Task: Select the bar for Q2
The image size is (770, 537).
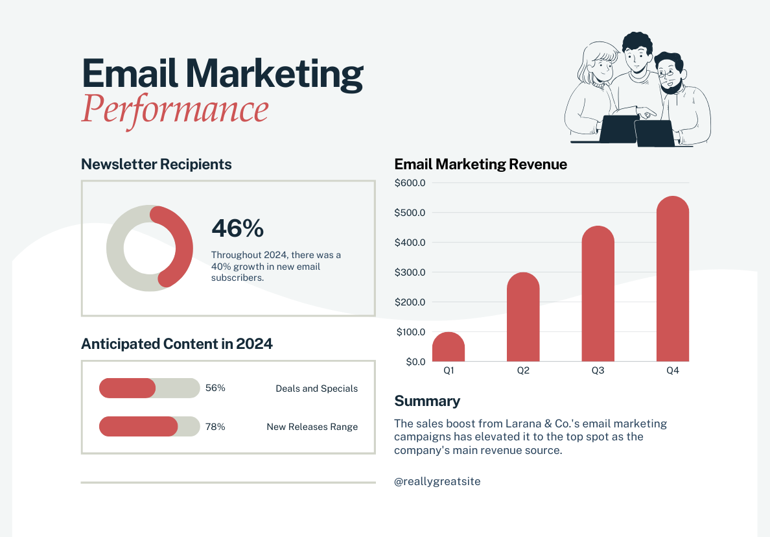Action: click(x=523, y=317)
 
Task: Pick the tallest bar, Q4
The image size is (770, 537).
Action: click(x=673, y=279)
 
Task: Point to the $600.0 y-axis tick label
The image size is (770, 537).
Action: click(x=410, y=183)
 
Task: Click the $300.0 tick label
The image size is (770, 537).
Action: click(x=410, y=272)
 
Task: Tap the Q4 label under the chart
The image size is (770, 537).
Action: click(x=673, y=371)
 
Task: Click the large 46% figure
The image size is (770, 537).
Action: click(x=238, y=228)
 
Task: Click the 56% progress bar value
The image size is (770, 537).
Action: click(x=215, y=388)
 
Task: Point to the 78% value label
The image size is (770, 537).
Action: click(x=215, y=427)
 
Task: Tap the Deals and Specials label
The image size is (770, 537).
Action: click(x=316, y=388)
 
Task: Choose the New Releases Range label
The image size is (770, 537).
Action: click(x=312, y=427)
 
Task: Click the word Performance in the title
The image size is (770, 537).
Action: click(x=174, y=109)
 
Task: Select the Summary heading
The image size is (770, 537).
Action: click(x=427, y=401)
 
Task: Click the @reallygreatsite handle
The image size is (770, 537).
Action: click(x=437, y=481)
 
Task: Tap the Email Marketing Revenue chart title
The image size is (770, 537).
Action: click(x=480, y=164)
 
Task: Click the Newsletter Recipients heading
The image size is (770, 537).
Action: click(x=156, y=164)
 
